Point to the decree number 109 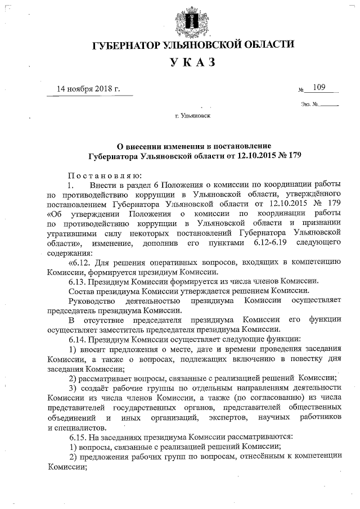(x=319, y=87)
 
